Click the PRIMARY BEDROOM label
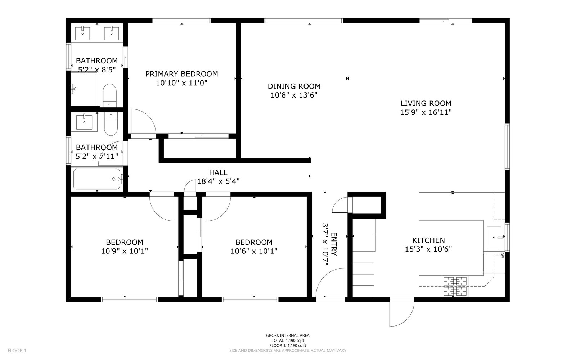(181, 74)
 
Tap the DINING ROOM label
(294, 86)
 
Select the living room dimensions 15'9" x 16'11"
(426, 112)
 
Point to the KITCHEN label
(428, 240)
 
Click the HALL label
(218, 172)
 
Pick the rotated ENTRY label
(334, 244)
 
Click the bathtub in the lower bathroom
(97, 179)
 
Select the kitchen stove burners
(455, 286)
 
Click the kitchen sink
(494, 237)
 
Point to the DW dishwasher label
(502, 255)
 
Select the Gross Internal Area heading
(288, 336)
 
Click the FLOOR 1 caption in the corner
(17, 351)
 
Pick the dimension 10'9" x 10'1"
(125, 251)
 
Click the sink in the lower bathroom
(84, 122)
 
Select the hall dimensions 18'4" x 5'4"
(218, 181)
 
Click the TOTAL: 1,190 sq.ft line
(288, 341)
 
